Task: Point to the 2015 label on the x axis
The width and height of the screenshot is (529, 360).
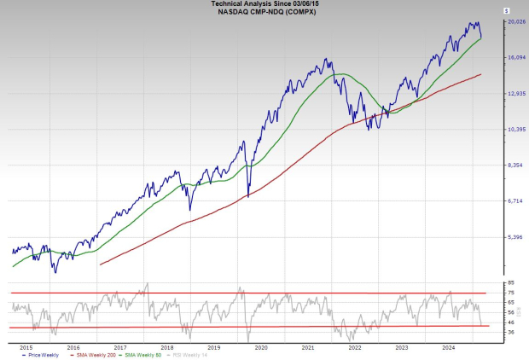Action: [26, 347]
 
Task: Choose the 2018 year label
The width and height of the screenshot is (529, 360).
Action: [167, 347]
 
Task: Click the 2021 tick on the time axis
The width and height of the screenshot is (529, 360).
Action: [308, 347]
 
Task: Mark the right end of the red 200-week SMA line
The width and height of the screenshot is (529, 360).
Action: [482, 74]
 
